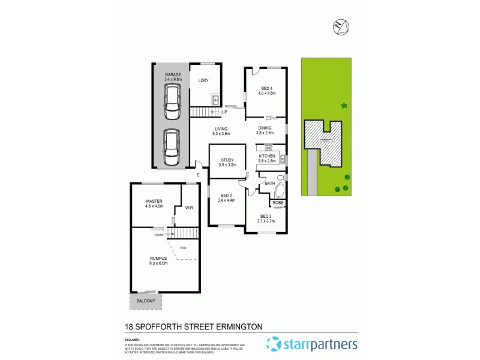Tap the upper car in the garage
pos(172,100)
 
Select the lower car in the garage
pos(172,148)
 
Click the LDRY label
pos(203,81)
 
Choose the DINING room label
pos(265,128)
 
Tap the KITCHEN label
pos(266,156)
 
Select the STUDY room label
pos(227,160)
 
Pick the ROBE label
pos(278,203)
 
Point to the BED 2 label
pos(226,196)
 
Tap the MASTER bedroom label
pos(155,201)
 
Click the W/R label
pos(188,208)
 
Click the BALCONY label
pos(145,301)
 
